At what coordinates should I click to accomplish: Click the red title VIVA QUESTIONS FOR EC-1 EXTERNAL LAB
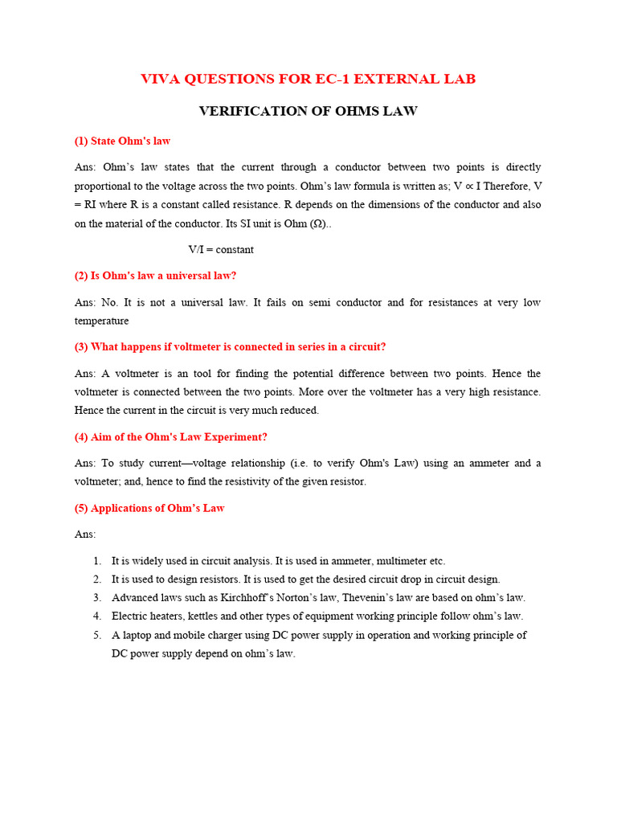point(308,79)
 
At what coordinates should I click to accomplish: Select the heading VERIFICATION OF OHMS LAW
point(308,111)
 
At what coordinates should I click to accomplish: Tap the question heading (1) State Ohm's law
point(122,141)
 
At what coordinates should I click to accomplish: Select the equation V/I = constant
point(221,249)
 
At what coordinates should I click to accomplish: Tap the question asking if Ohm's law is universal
point(156,276)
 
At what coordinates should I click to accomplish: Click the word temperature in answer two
point(102,321)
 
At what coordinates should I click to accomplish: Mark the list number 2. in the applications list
point(96,579)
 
